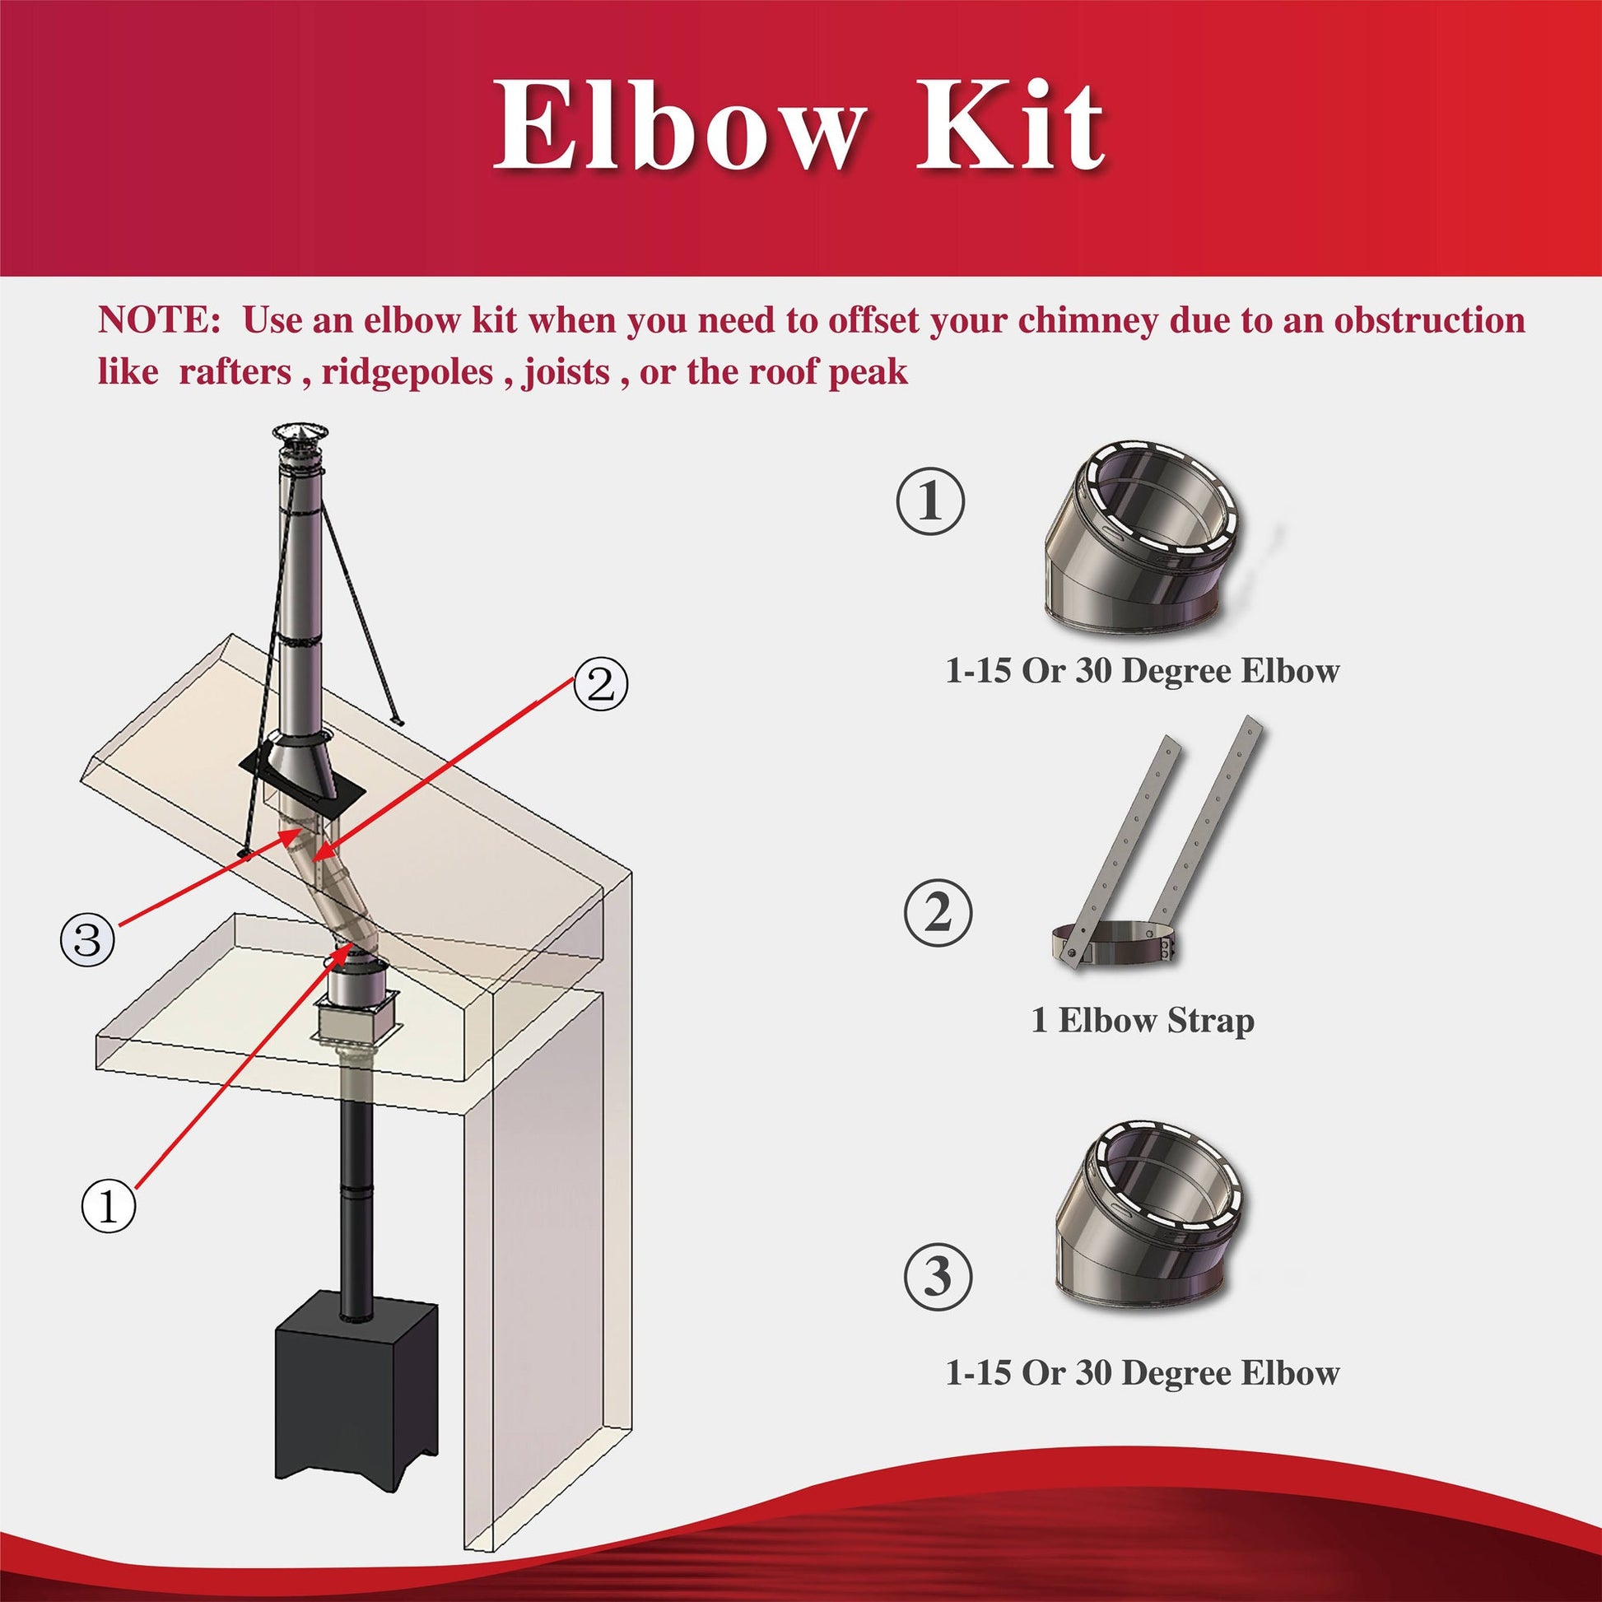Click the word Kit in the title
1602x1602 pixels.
1009,126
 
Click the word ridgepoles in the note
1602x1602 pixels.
407,371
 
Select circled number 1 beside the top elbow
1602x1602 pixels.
930,501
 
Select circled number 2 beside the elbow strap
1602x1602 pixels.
937,915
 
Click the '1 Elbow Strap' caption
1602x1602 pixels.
1142,1022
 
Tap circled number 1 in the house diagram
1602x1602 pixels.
109,1208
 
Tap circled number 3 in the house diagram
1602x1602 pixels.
87,940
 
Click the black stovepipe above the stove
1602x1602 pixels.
356,1194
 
